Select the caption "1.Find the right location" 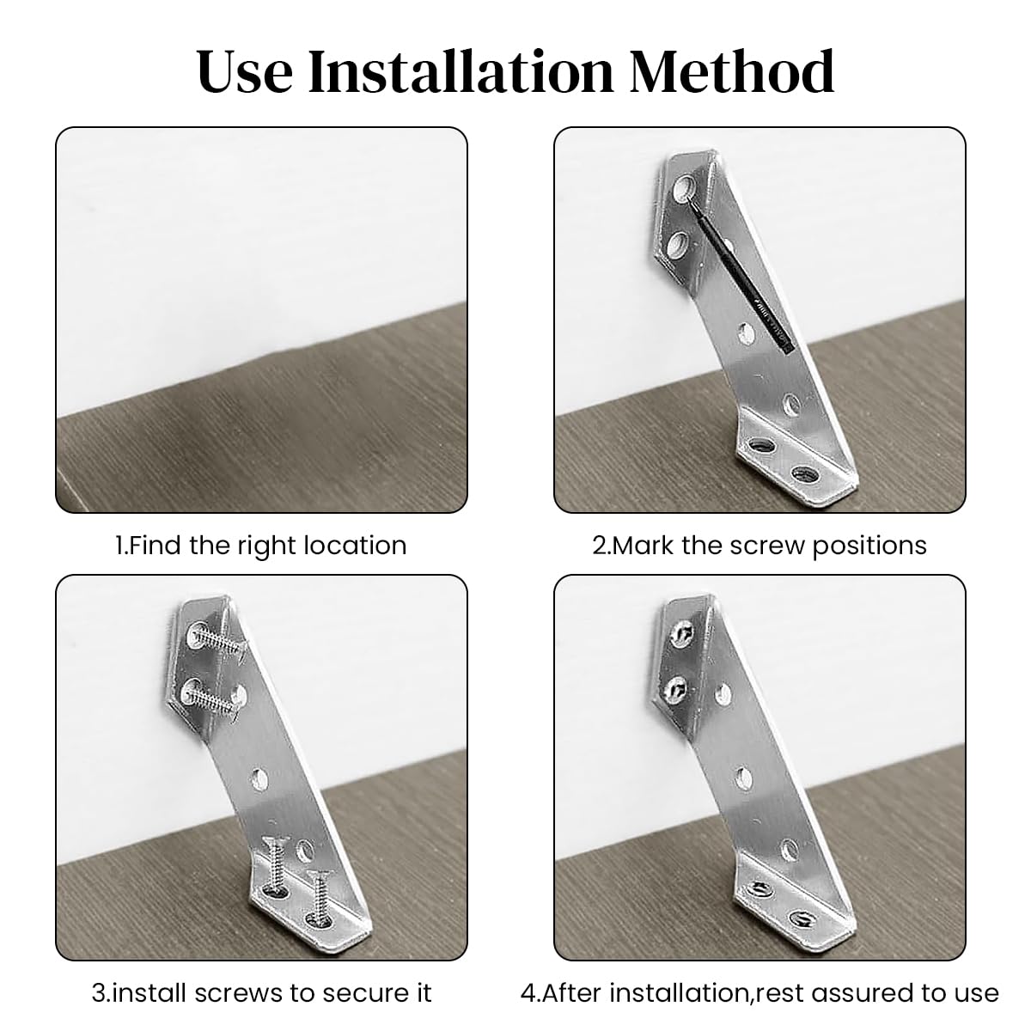[261, 546]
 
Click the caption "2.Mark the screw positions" [760, 546]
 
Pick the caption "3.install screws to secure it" [261, 992]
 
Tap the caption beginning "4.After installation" [760, 992]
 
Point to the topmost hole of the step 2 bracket [685, 186]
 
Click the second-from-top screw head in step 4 [675, 687]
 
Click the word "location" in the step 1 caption [355, 546]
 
